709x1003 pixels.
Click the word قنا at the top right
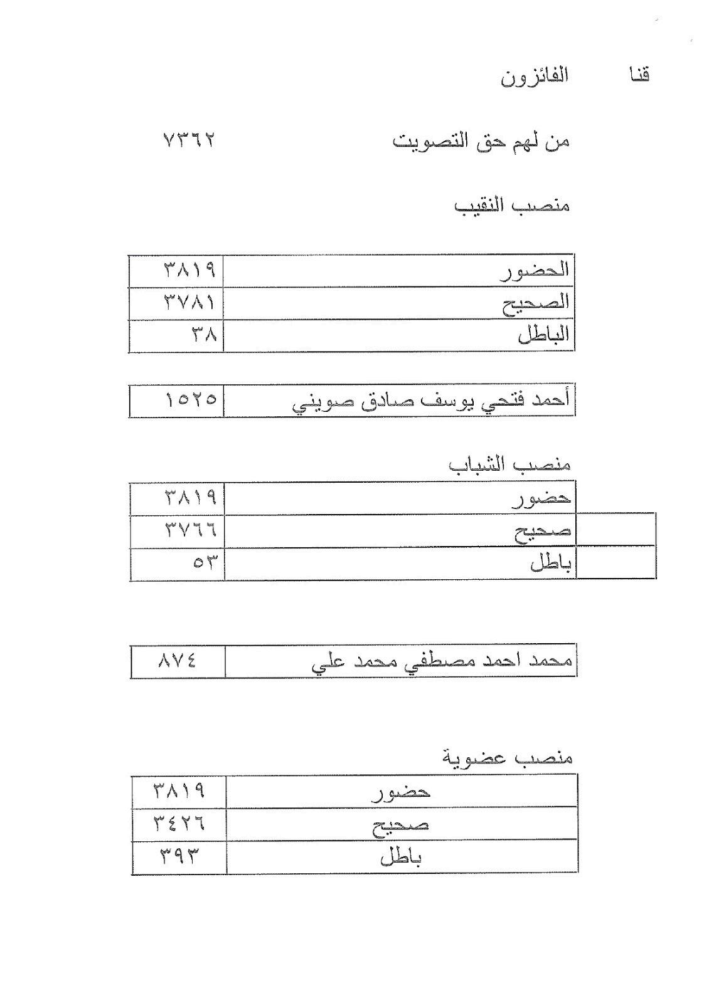[x=639, y=76]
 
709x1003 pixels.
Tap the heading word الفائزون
[x=534, y=78]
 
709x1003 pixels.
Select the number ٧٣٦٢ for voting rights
[x=188, y=140]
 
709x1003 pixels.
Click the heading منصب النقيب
[x=512, y=206]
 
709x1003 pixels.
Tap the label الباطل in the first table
[x=543, y=335]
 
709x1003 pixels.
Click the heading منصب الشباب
[x=509, y=465]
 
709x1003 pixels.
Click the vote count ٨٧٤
[x=178, y=661]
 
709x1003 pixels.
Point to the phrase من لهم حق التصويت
[x=481, y=142]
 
